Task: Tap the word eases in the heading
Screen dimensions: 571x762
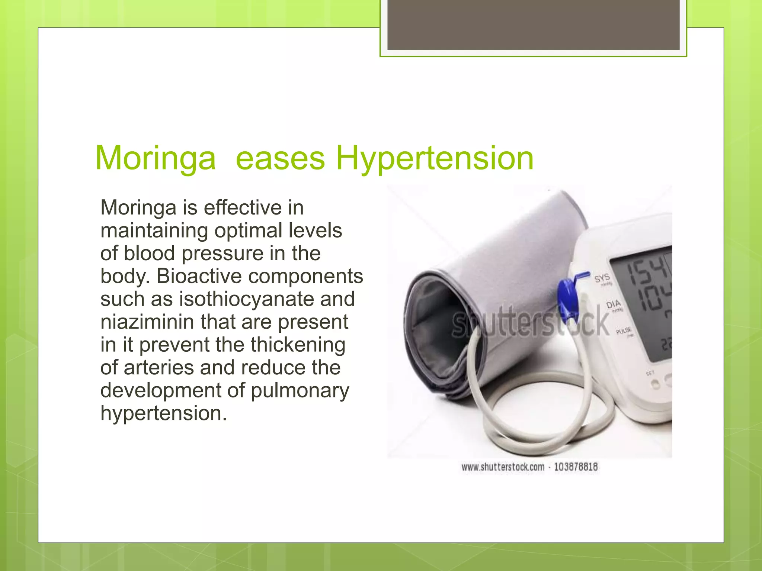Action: click(x=280, y=159)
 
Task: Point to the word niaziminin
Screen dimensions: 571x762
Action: click(x=147, y=322)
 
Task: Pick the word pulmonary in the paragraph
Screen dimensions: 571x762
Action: click(x=300, y=390)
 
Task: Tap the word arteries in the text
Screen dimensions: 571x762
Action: click(x=159, y=368)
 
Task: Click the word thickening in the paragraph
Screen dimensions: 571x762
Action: click(x=298, y=345)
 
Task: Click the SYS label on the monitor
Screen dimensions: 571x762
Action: click(x=602, y=278)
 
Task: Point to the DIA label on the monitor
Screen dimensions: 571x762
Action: click(x=614, y=305)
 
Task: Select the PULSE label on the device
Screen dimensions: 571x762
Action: click(x=624, y=330)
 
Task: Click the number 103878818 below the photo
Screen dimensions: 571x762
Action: click(x=576, y=467)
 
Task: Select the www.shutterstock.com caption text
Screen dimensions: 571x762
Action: click(x=503, y=467)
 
